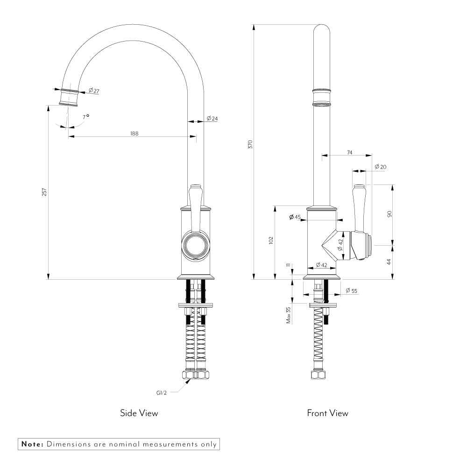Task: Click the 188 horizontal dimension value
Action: point(134,133)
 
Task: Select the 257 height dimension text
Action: point(44,192)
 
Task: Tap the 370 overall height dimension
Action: point(250,144)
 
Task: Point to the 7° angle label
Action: point(85,117)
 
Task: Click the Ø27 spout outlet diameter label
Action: point(94,91)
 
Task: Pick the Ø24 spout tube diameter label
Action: point(212,119)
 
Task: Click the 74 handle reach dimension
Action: point(350,152)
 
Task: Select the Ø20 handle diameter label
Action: point(381,167)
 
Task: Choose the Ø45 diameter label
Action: point(295,217)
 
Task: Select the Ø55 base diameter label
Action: point(351,291)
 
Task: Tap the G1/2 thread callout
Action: point(162,393)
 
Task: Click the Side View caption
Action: point(139,413)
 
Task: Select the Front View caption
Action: point(327,413)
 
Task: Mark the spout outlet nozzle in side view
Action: point(69,97)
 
